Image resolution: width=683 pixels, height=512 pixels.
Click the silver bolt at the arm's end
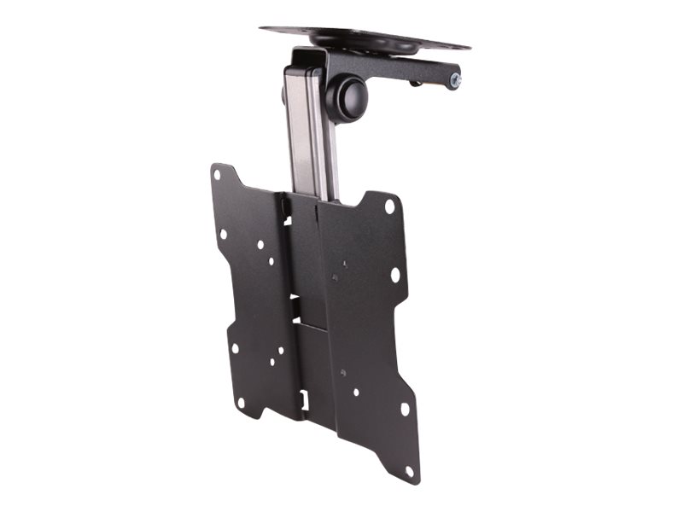[x=455, y=80]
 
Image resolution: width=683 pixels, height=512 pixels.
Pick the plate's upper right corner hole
[x=389, y=207]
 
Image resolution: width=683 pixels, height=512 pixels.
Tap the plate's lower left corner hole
[x=241, y=402]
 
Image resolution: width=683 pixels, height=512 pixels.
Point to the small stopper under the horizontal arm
[x=415, y=83]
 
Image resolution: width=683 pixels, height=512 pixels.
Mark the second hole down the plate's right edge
[x=394, y=275]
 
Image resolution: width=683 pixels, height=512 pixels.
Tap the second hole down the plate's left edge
[x=223, y=233]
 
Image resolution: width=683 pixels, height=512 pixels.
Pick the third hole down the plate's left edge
[x=234, y=347]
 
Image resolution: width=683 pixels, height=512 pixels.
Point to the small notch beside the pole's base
[x=289, y=220]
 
